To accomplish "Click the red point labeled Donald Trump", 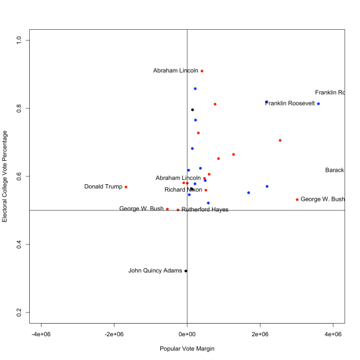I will click(126, 187).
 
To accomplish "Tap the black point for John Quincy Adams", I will click(186, 271).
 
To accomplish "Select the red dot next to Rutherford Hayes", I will click(178, 210).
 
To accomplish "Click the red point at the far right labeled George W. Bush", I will click(297, 200).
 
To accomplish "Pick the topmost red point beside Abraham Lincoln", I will click(202, 71).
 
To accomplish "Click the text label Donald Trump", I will click(103, 187).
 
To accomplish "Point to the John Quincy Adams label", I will click(155, 271).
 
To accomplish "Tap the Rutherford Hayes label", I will click(205, 210).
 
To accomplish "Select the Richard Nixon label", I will click(183, 190).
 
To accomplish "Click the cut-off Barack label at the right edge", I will click(334, 170).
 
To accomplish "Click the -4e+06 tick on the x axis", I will click(41, 334).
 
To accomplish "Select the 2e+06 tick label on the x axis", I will click(260, 334).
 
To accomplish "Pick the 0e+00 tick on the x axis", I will click(187, 334).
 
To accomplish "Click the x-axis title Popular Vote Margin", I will click(187, 349).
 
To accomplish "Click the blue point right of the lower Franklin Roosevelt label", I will click(318, 104).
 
